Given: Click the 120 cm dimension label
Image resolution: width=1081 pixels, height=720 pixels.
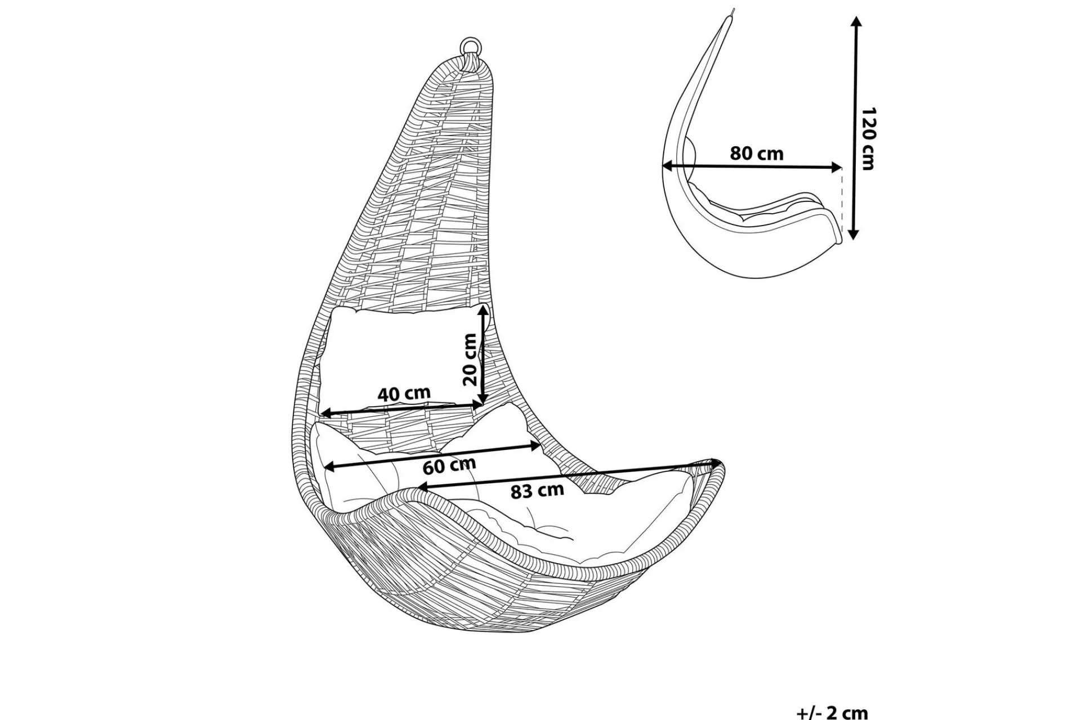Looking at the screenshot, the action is tap(869, 138).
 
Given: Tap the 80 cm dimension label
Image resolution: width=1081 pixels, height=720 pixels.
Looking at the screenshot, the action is tap(757, 153).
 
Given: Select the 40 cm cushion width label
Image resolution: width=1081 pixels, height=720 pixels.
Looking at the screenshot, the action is tap(404, 393).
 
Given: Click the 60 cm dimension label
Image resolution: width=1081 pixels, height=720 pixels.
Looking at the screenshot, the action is tap(449, 465).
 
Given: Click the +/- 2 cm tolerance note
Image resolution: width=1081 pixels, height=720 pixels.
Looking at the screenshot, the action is tap(832, 713).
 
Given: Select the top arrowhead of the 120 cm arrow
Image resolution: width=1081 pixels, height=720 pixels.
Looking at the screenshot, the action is tap(856, 21).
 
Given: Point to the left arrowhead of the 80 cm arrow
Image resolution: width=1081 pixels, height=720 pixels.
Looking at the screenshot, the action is tap(668, 165).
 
